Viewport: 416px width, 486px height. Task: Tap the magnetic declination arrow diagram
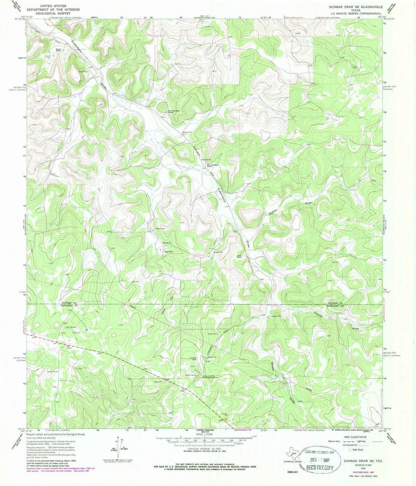(x=118, y=444)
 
